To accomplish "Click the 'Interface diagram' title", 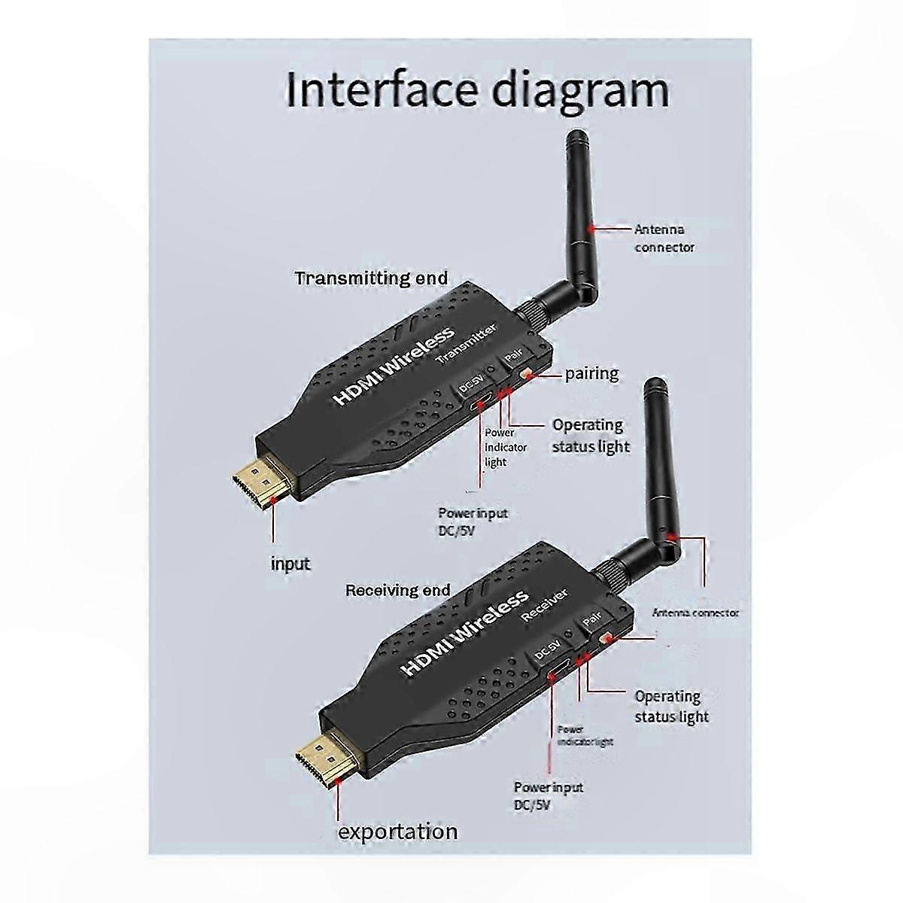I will coord(477,90).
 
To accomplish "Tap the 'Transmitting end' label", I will coord(371,278).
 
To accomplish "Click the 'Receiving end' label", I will coord(398,590).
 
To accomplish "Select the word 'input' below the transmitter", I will coord(290,564).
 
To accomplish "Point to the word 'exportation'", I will coord(397,832).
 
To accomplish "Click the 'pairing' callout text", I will coord(591,373).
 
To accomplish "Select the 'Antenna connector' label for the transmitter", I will coord(664,239).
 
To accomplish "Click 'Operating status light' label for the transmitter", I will coord(591,436).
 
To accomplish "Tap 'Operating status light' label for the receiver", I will coord(671,707).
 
